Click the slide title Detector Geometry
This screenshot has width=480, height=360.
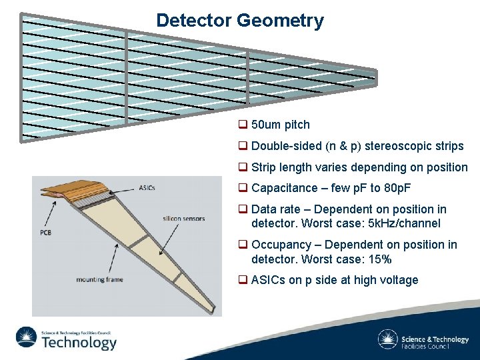pos(239,21)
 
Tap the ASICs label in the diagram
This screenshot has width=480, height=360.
pos(147,187)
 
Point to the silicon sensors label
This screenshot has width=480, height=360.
pos(184,218)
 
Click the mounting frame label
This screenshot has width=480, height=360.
pos(99,279)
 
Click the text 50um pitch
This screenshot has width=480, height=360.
pos(280,125)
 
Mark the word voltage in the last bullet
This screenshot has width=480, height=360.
pos(398,280)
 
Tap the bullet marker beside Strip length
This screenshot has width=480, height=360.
pos(243,167)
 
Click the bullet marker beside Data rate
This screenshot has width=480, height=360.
pos(243,209)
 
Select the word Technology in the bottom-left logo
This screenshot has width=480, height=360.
pos(79,343)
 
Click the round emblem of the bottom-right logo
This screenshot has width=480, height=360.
pos(387,340)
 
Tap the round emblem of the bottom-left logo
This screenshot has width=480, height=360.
pos(27,338)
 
